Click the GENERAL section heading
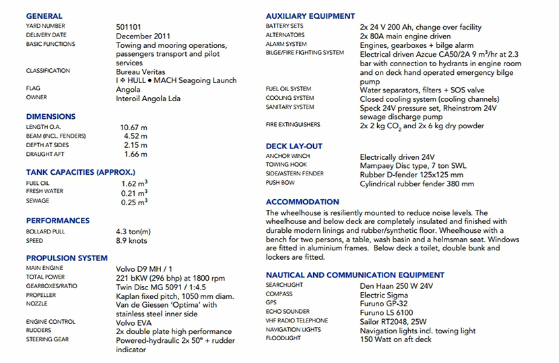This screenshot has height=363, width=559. click(44, 16)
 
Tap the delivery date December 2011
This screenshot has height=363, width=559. click(143, 36)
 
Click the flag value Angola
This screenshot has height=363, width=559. click(128, 89)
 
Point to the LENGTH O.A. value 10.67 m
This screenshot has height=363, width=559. click(133, 127)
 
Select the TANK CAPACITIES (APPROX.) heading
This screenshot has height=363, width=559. click(80, 172)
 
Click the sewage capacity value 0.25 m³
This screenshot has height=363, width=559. click(134, 202)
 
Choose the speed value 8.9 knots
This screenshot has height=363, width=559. click(131, 241)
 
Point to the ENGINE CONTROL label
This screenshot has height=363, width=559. click(51, 322)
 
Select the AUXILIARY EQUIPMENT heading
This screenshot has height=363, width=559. click(310, 16)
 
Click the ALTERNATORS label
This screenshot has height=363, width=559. click(285, 35)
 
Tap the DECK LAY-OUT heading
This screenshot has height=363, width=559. click(294, 146)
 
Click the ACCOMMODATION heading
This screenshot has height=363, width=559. click(302, 202)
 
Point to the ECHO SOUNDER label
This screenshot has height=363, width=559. click(288, 312)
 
